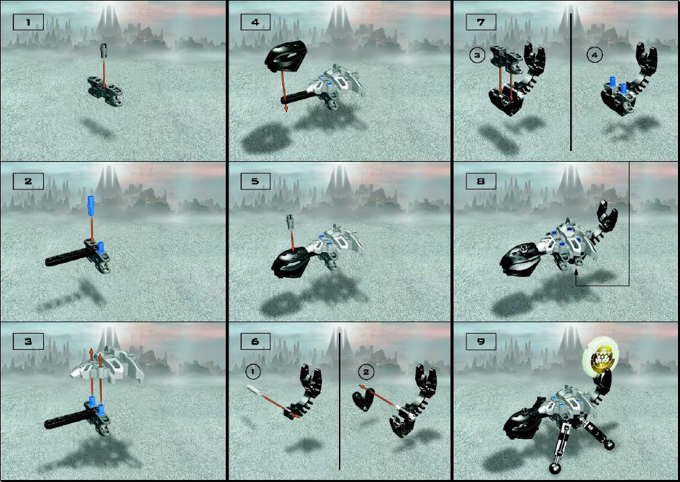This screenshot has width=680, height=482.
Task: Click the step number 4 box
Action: (255, 22)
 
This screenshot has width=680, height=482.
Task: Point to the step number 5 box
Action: (255, 181)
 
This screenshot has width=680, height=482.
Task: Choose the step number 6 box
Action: (255, 341)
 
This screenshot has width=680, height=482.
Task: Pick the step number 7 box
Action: (481, 22)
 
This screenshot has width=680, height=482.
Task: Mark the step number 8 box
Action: (481, 181)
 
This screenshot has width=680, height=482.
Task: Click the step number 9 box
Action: (481, 341)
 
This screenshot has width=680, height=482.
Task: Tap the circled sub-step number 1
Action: (252, 371)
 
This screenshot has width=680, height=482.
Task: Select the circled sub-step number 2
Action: (365, 371)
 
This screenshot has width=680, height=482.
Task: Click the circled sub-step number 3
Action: (477, 55)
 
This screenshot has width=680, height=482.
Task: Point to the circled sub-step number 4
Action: (594, 55)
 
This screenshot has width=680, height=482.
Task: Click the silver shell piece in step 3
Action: (111, 364)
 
